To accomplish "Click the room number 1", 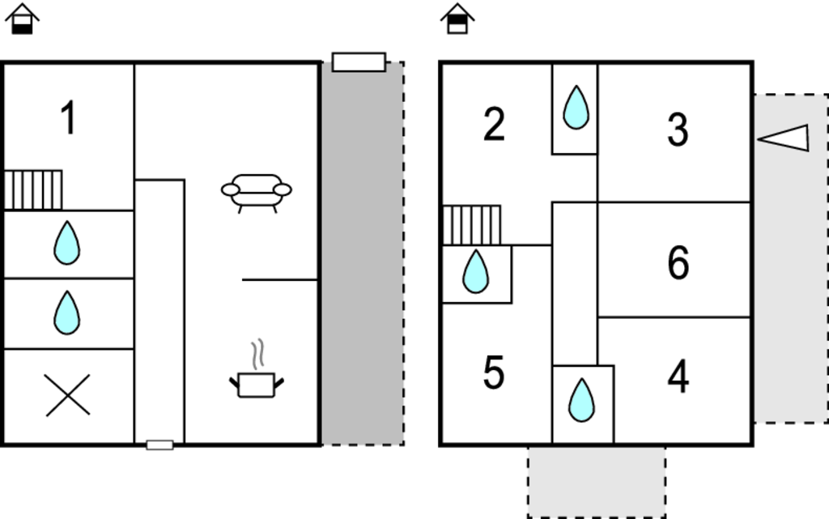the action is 69,118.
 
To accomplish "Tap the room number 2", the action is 494,124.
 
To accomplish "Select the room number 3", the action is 678,130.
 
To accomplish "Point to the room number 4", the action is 678,376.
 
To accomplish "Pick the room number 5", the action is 494,372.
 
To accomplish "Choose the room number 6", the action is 678,262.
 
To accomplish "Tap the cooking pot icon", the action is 257,369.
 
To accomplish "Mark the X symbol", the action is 68,395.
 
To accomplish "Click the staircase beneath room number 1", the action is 33,189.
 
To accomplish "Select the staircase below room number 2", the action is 471,225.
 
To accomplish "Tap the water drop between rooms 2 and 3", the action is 576,108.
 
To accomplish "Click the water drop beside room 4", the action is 581,400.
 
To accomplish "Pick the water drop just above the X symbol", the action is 66,313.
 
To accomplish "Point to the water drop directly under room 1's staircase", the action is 66,243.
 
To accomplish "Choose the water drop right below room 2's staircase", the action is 475,271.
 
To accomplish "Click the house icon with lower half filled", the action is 22,19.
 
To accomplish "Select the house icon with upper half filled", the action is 457,19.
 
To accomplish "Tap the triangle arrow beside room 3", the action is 783,138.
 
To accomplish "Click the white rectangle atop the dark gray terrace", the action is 359,62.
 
